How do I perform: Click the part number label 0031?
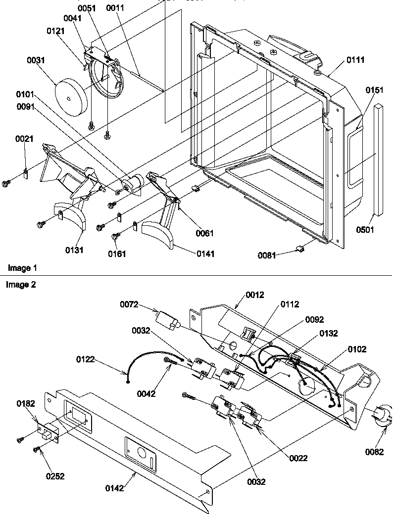pyautogui.click(x=37, y=60)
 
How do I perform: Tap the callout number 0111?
pyautogui.click(x=355, y=60)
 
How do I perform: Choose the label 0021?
pyautogui.click(x=24, y=139)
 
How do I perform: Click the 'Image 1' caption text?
pyautogui.click(x=22, y=268)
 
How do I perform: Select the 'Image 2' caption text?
pyautogui.click(x=21, y=285)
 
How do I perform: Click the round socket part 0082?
pyautogui.click(x=382, y=414)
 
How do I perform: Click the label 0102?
pyautogui.click(x=357, y=349)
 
